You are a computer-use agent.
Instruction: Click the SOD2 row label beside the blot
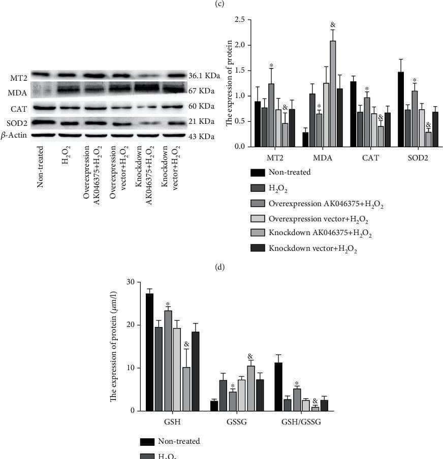tap(18, 122)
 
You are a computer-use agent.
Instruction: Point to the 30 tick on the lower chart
tap(131, 282)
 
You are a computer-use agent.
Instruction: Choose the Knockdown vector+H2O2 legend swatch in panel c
tap(259, 248)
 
